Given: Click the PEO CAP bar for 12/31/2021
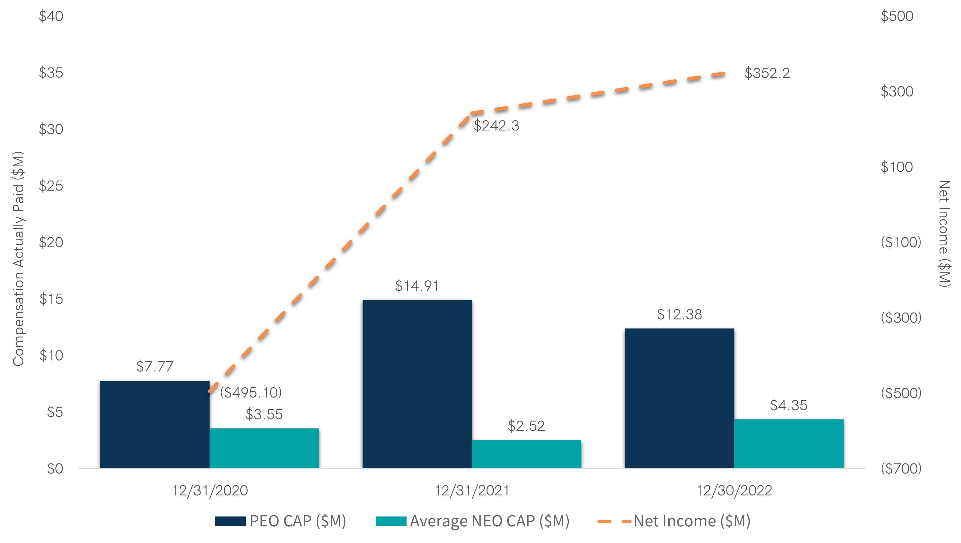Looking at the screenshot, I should click(x=417, y=384).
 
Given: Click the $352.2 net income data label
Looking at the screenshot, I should click(x=767, y=73).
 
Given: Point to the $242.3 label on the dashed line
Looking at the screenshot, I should click(x=496, y=126).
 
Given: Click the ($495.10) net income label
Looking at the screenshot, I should click(x=251, y=392).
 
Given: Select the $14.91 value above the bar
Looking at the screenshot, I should click(x=417, y=286).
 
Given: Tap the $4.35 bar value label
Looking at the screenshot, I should click(x=789, y=405).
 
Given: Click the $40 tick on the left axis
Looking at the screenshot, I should click(x=51, y=16).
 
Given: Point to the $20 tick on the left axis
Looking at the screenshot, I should click(x=51, y=242).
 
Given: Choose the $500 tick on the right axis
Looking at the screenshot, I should click(x=897, y=16).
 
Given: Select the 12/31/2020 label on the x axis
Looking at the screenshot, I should click(x=210, y=490).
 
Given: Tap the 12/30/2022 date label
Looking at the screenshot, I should click(x=734, y=490).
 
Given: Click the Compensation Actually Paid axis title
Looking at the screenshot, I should click(x=19, y=259).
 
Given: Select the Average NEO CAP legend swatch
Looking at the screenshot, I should click(x=391, y=521).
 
